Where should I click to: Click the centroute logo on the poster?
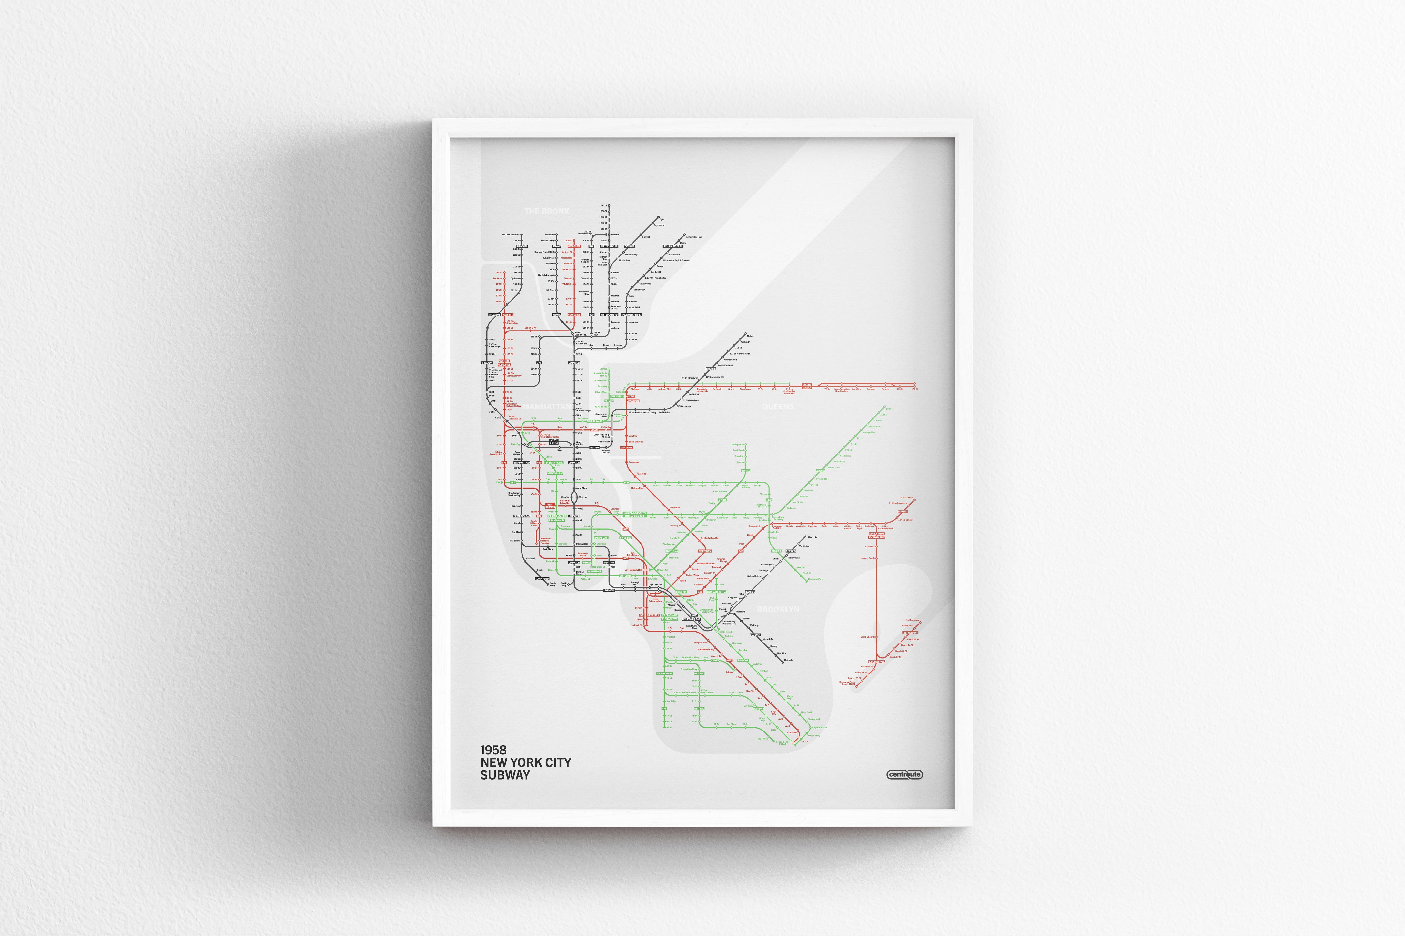coord(904,774)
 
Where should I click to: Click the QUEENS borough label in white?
coord(778,407)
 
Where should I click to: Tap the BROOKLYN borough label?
coord(778,609)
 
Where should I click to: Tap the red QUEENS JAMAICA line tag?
coord(806,386)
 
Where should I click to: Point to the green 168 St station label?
coord(889,409)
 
